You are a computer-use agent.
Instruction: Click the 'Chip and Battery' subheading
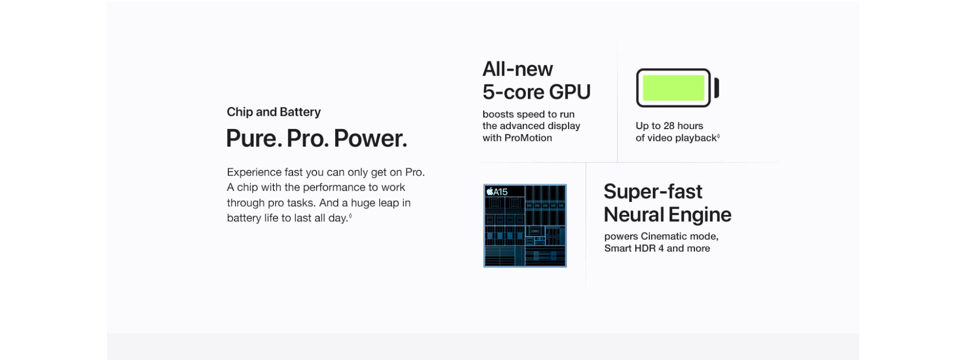273,112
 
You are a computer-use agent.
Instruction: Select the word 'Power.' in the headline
370,138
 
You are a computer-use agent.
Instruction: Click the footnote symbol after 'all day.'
351,216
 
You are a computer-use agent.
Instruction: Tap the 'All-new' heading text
518,69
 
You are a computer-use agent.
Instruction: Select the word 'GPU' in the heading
570,92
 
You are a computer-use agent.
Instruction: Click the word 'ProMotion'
528,138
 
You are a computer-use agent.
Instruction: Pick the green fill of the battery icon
673,88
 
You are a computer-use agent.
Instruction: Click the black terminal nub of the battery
717,88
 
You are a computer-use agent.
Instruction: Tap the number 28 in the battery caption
669,126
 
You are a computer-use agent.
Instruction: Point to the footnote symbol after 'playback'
718,136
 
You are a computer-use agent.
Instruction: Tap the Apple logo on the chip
490,191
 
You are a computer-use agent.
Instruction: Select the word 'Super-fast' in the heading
653,191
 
